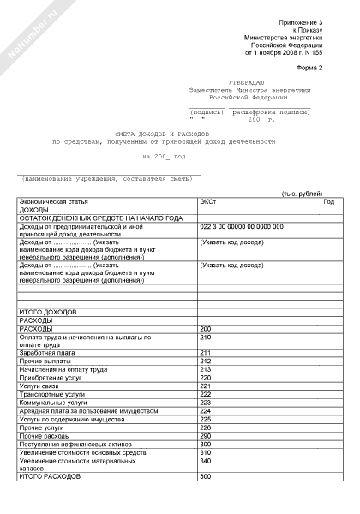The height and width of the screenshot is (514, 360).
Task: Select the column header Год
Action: pos(329,201)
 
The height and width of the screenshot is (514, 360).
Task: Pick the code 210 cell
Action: pos(205,338)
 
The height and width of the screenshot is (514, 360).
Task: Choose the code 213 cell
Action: pos(205,369)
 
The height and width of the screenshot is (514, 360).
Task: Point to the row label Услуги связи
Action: pos(41,385)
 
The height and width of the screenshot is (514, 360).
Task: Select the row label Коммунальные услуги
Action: pos(52,403)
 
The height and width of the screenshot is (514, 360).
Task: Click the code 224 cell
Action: pos(205,411)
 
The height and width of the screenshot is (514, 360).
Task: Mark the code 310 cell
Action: pos(205,451)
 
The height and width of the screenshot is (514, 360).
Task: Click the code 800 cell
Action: pos(205,476)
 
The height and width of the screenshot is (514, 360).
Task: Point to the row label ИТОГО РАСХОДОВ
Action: pos(50,476)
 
